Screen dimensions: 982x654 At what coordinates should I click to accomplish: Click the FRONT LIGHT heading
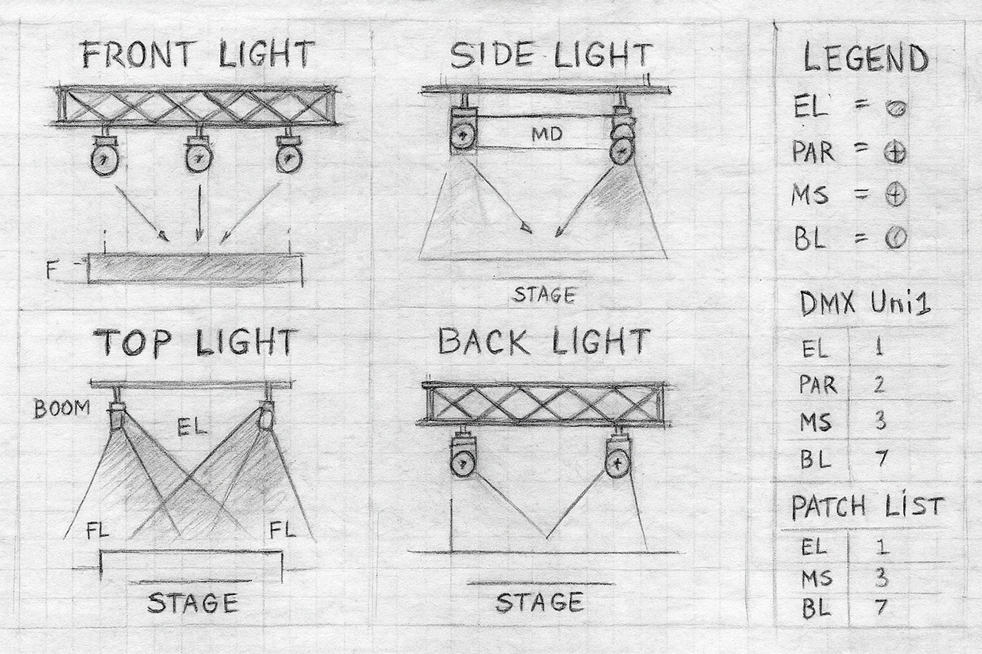(199, 54)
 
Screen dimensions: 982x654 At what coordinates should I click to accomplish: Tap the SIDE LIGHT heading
(552, 56)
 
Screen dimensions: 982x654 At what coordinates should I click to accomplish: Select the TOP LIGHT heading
(196, 342)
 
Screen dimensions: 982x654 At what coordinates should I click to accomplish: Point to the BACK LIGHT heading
(544, 341)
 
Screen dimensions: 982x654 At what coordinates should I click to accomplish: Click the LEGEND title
(865, 58)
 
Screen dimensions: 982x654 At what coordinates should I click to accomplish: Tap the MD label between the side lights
(547, 134)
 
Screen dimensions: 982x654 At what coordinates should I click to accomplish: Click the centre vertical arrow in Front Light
(199, 213)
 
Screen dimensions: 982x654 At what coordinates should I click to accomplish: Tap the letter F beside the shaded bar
(51, 271)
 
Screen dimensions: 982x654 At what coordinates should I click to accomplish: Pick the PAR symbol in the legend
(894, 154)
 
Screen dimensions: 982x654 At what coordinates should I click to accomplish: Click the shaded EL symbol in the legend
(895, 108)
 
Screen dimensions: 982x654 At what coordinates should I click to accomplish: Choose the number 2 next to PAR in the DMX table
(879, 385)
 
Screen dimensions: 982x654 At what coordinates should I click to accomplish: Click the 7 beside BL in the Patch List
(880, 607)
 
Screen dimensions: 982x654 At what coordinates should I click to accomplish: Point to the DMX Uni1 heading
(865, 303)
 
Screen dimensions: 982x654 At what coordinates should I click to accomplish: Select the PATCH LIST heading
(867, 508)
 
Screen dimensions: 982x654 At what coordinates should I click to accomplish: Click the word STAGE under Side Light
(544, 295)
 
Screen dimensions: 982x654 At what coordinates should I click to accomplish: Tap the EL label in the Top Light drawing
(192, 426)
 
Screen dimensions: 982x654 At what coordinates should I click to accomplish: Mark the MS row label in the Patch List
(816, 579)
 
